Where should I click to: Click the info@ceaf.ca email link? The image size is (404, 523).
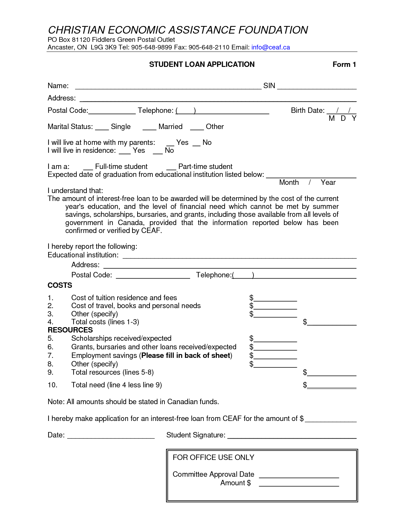pos(271,48)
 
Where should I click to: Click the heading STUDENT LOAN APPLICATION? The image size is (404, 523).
pos(202,65)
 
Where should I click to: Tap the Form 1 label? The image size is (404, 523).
pos(344,65)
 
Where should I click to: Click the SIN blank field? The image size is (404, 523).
pos(317,87)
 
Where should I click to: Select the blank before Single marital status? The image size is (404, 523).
pos(102,127)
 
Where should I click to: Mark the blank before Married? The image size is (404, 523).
pos(149,127)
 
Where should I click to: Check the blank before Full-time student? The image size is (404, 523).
pos(88,167)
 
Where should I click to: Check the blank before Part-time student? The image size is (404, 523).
pos(171,167)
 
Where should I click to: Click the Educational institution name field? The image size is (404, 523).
pos(239,256)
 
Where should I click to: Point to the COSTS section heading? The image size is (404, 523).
pos(60,286)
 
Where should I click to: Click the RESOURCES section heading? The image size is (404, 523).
pos(70,330)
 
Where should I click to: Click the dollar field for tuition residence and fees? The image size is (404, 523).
pos(275,299)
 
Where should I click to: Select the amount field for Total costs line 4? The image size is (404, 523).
pos(332,323)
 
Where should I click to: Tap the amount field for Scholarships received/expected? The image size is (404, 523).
pos(275,339)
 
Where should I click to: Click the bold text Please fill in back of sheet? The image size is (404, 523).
pos(186,356)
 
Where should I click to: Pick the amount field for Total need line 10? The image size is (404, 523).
pos(332,386)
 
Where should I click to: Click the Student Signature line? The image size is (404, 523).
pos(292,436)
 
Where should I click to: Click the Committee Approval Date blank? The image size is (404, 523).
pos(299,475)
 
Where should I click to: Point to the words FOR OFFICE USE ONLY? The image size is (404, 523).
pos(213,458)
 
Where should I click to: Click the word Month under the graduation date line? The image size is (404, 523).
pos(289,183)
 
